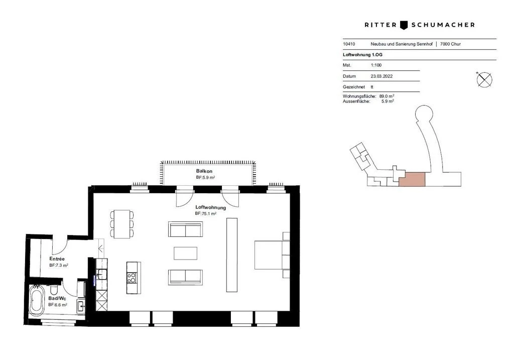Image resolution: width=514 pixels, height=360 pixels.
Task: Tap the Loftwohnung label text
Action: tap(210, 207)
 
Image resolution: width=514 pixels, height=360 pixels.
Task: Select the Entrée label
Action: tap(57, 259)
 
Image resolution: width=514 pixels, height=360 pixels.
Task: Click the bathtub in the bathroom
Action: tap(37, 300)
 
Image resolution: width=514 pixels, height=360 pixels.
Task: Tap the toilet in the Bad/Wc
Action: tap(54, 291)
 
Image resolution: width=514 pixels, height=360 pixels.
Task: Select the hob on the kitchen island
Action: tap(132, 278)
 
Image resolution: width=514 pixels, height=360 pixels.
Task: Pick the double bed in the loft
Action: tap(271, 255)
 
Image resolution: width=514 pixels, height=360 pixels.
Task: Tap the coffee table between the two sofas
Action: tap(185, 253)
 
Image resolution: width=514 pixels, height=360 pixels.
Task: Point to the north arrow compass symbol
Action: tap(484, 79)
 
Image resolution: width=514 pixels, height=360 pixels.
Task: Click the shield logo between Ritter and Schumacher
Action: tap(405, 25)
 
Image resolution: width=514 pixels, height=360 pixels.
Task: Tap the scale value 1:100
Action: tap(376, 65)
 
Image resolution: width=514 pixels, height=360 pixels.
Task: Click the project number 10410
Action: tap(349, 44)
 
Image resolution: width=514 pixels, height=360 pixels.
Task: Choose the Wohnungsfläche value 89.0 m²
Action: tap(387, 96)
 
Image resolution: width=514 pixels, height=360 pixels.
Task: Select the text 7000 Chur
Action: tap(450, 44)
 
